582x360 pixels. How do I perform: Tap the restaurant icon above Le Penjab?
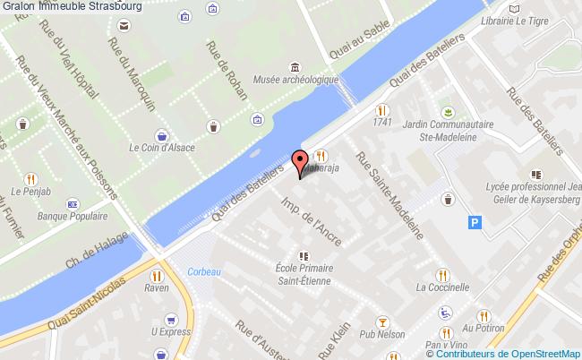tap(30, 176)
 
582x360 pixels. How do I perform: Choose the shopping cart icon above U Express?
tap(170, 317)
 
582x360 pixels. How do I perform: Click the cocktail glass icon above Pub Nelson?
tap(382, 321)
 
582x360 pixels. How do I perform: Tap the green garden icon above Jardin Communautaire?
tap(444, 111)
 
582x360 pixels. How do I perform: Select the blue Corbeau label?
tap(203, 271)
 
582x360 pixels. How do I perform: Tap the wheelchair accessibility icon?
tap(445, 313)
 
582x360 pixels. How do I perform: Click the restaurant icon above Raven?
tap(158, 277)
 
